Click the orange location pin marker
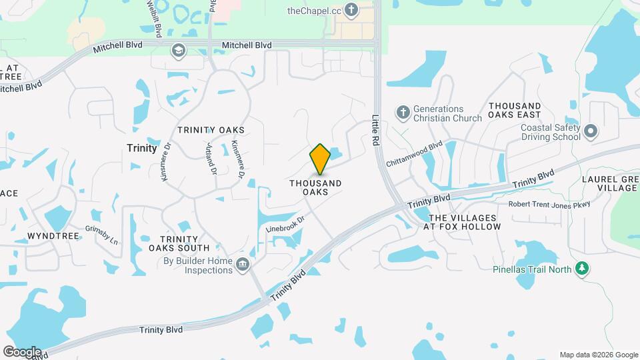point(321,159)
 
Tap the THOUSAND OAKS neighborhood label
point(315,187)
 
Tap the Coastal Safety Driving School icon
point(591,132)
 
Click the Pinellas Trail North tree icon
point(583,269)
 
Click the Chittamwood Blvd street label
point(414,153)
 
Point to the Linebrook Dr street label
point(285,223)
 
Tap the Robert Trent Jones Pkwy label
point(549,205)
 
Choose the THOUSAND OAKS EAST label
point(515,111)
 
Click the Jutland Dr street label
point(212,160)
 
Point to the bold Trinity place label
point(141,148)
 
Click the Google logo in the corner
point(22,352)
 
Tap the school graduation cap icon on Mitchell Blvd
point(178,50)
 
